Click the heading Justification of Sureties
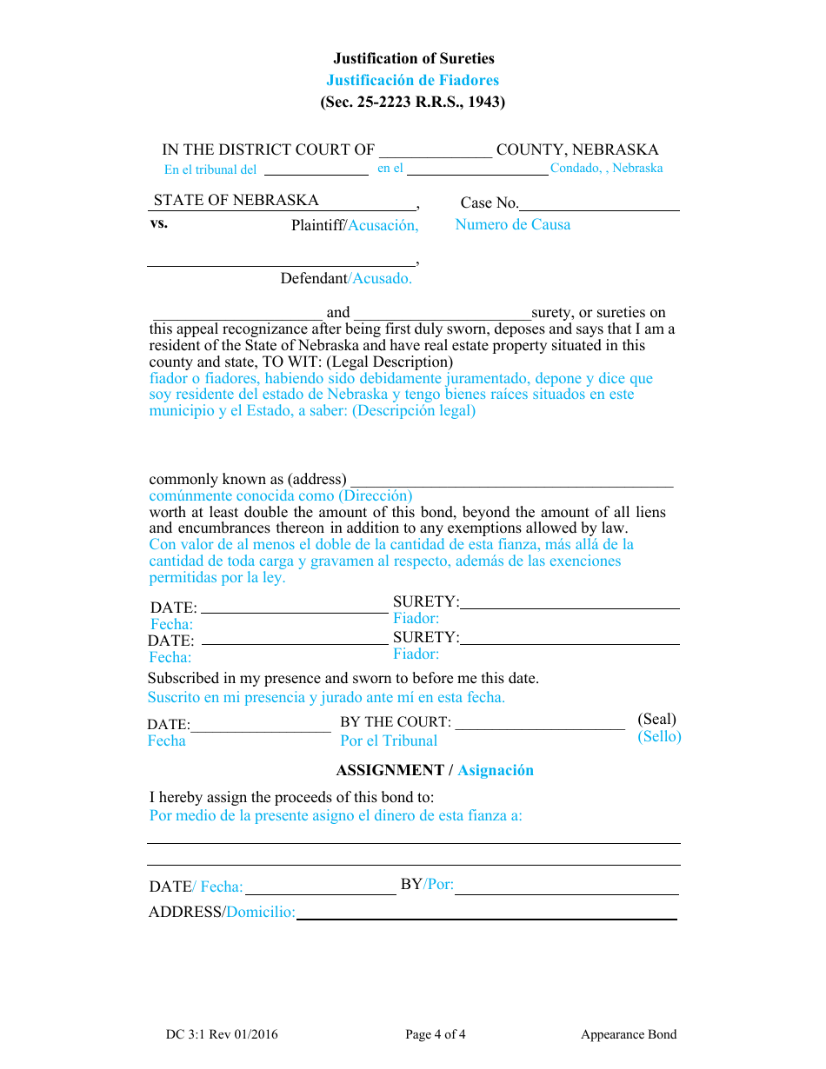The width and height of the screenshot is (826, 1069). [x=413, y=58]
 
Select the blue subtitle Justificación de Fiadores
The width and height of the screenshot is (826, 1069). [x=413, y=80]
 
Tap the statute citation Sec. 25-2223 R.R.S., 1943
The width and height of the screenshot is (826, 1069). [x=413, y=102]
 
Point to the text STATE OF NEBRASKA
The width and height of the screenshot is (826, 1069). [x=236, y=200]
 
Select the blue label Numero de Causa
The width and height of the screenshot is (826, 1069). [x=513, y=224]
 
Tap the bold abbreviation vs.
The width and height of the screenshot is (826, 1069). [x=159, y=222]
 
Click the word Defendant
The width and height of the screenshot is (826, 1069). [x=314, y=278]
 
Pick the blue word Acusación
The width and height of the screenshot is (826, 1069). [x=383, y=225]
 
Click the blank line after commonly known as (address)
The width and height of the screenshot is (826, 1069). [x=512, y=483]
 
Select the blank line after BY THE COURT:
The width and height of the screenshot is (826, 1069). [x=540, y=727]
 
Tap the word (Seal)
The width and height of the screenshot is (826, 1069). [x=656, y=719]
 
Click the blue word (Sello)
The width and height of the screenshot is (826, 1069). [x=659, y=736]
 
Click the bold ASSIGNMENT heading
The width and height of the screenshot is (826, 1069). [x=390, y=770]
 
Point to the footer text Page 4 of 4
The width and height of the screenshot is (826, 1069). [x=436, y=1034]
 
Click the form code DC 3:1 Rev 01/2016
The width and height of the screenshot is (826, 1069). [x=222, y=1034]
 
